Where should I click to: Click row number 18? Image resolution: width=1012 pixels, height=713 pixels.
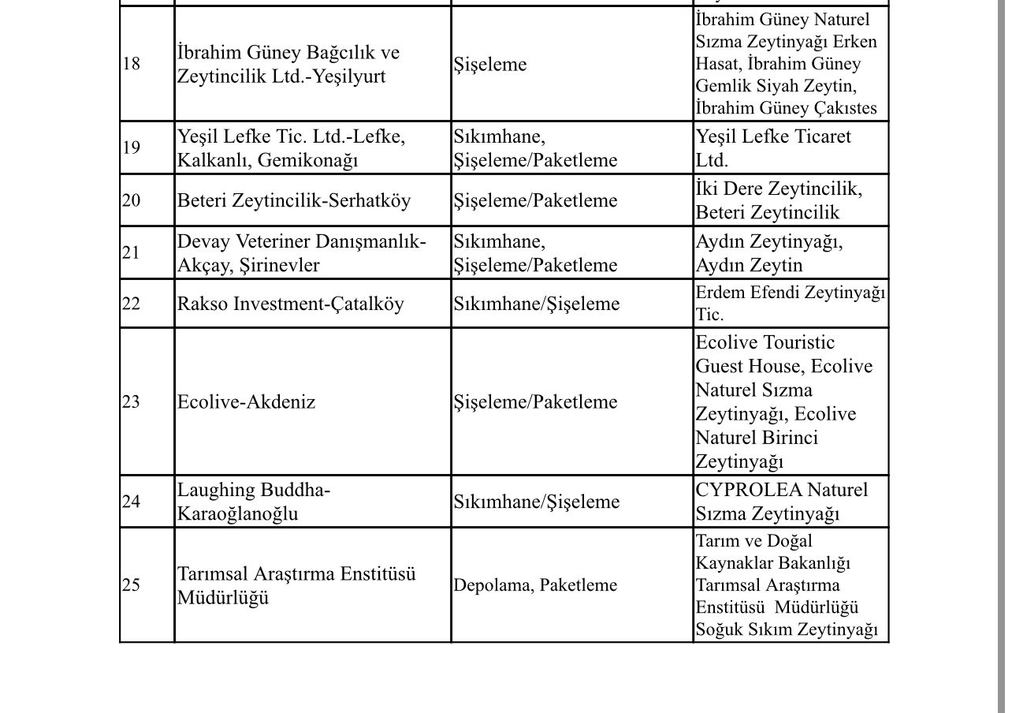tap(132, 64)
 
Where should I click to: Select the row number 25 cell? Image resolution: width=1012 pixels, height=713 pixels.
tap(132, 585)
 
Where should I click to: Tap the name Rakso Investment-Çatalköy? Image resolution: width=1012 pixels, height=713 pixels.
tap(290, 304)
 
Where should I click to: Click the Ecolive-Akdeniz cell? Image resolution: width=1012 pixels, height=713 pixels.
tap(246, 402)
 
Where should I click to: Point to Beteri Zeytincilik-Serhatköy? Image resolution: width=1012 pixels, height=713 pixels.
tap(293, 200)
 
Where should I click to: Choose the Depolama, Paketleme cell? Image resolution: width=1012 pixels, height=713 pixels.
tap(535, 585)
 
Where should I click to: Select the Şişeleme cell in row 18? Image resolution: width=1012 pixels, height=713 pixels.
tap(489, 65)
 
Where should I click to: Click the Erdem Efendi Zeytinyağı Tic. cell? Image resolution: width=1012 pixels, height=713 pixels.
tap(790, 304)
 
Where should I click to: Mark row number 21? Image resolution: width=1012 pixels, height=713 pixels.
tap(132, 252)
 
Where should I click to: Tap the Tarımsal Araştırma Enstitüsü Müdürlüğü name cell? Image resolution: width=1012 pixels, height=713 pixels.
tap(296, 585)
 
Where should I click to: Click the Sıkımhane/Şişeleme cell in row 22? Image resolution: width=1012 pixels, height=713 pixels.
tap(536, 304)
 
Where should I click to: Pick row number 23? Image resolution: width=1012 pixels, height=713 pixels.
tap(132, 402)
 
